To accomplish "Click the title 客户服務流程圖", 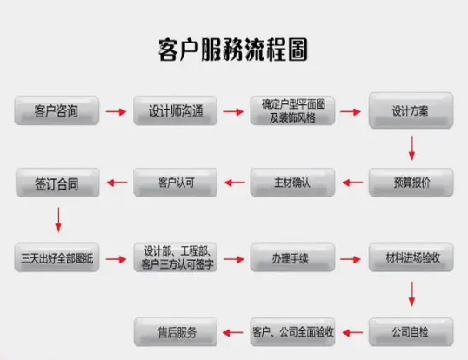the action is [x=233, y=50].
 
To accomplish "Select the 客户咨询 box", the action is [x=57, y=110].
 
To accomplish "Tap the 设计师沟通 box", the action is [x=175, y=110].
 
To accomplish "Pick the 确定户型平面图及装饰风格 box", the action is [x=292, y=110].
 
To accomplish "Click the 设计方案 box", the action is [x=411, y=110].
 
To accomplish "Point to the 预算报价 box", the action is [x=411, y=183].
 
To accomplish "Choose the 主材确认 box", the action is [x=292, y=183].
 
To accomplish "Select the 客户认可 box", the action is [x=175, y=183].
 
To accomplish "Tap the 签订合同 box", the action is [x=57, y=183].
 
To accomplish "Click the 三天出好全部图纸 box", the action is [x=57, y=257].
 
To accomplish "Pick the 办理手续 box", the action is [x=292, y=257].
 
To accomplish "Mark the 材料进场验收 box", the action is [x=411, y=257].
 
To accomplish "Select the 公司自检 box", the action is [x=411, y=332].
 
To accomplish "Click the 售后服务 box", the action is [x=176, y=332].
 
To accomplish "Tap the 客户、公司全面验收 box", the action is [x=292, y=332].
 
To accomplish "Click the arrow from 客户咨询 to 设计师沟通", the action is [x=116, y=112].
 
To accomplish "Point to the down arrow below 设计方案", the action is [x=411, y=148].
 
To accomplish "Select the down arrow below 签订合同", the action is [x=58, y=220].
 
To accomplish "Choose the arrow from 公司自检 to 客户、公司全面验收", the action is [x=352, y=332].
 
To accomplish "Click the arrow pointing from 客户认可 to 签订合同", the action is [x=117, y=183].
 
